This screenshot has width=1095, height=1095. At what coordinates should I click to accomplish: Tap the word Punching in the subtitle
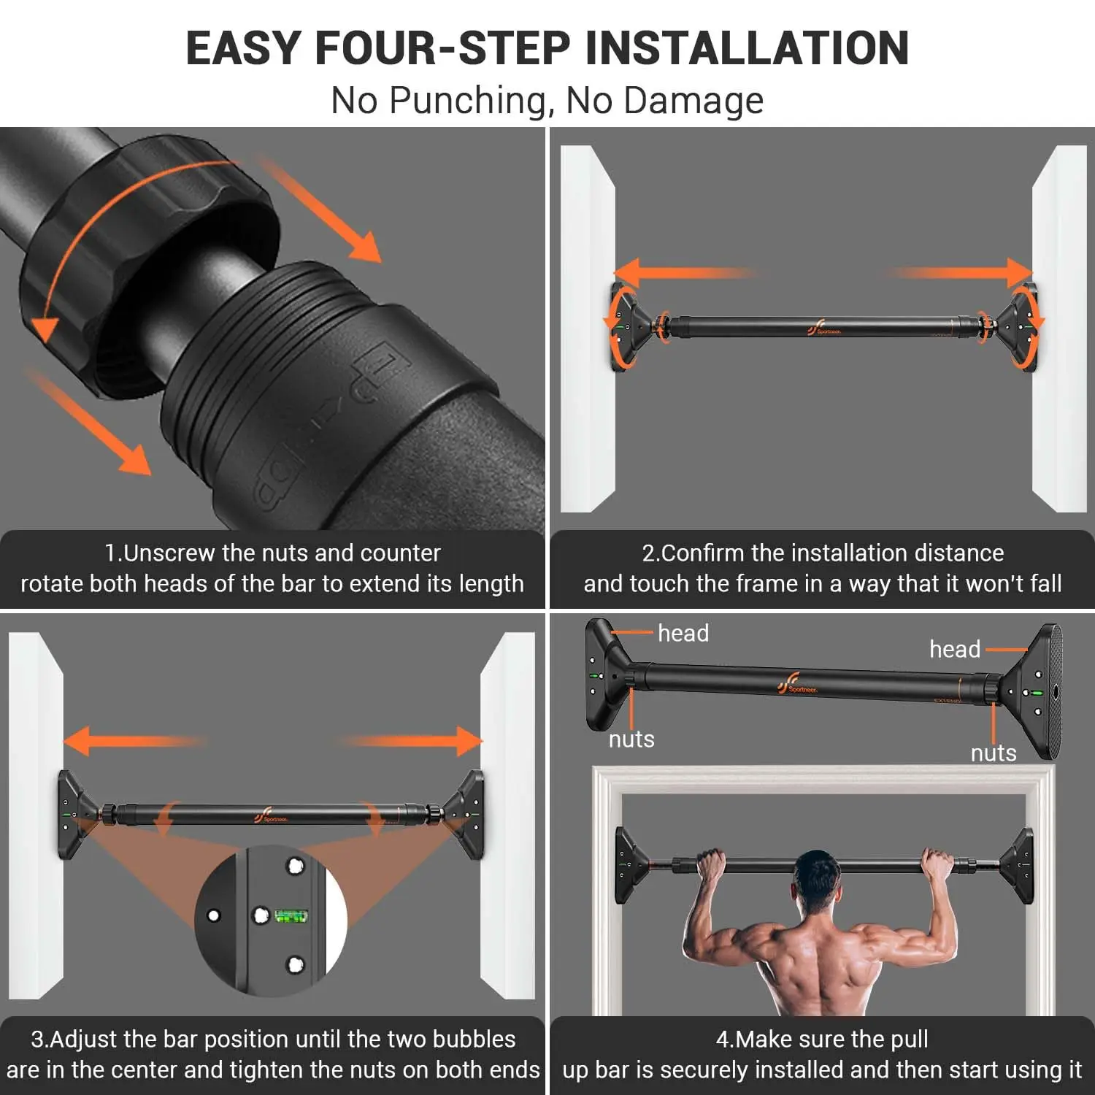point(467,101)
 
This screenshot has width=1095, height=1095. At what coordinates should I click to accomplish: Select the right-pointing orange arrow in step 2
point(964,272)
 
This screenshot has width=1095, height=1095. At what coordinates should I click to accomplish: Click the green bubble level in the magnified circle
point(291,915)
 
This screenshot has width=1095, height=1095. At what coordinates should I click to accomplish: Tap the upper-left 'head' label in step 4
point(683,633)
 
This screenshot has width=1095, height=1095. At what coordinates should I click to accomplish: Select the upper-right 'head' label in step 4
point(954,649)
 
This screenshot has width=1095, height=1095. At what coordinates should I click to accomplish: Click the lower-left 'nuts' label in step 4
point(631,739)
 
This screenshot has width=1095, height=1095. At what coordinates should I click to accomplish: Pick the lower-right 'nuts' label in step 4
point(993,753)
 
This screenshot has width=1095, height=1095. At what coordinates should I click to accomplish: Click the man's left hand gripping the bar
point(712,867)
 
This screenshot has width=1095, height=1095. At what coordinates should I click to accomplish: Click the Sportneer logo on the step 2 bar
point(823,328)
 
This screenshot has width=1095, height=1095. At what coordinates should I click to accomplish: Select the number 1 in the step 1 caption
point(110,553)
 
